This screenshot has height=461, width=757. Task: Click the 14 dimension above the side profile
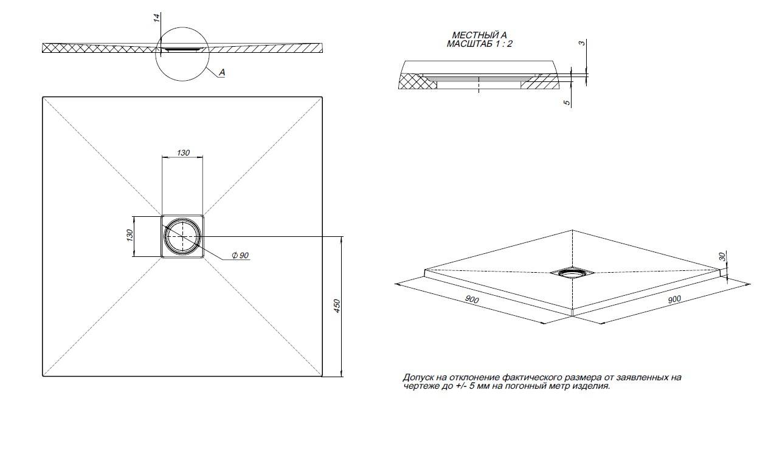coord(157,18)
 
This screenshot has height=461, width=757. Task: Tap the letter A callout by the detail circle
coord(221,72)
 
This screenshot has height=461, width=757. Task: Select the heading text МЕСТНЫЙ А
coord(479,36)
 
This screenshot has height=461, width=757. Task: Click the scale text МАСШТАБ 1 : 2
coord(479,44)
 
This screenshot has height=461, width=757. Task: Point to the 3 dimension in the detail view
coord(582,43)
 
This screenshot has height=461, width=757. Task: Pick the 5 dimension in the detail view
coord(567,103)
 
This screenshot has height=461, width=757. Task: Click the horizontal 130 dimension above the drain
coord(183,152)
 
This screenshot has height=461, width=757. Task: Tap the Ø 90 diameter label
coord(240,256)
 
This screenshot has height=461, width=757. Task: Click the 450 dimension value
coord(337,306)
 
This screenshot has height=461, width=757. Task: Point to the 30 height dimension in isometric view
coord(722,257)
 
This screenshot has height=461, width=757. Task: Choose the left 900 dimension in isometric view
coord(471,300)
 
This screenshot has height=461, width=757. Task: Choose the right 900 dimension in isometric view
coord(674,299)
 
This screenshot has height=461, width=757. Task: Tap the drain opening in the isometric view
coord(571,273)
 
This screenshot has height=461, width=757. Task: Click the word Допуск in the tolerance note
coord(417,377)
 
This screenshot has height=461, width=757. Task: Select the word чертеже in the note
coord(419,386)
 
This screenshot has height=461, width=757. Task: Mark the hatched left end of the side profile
coord(58,49)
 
